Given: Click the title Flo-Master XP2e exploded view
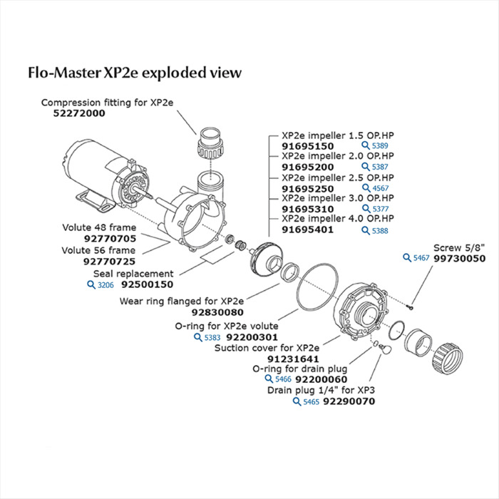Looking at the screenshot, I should [x=134, y=73].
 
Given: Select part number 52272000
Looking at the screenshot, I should [x=73, y=113].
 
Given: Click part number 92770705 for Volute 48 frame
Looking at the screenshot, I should [x=110, y=239].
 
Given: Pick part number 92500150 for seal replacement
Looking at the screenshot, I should [x=148, y=284].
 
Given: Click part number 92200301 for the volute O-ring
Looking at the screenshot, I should [x=252, y=336].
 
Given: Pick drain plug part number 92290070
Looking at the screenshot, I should [x=349, y=401].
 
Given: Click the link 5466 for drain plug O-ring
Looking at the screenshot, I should [x=278, y=380].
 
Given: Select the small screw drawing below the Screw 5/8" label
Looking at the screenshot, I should [x=412, y=307].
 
